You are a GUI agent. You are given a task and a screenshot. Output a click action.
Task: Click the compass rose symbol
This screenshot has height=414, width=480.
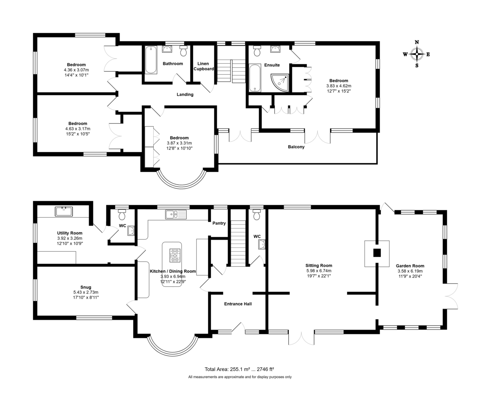417,54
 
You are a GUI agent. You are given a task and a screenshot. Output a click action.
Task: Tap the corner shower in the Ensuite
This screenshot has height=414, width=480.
280,83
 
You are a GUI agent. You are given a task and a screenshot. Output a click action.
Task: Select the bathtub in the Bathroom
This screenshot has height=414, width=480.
151,60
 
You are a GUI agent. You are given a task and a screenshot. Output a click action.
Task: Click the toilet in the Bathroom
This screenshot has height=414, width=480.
184,51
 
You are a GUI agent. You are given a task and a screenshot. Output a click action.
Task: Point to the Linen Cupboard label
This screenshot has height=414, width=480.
204,66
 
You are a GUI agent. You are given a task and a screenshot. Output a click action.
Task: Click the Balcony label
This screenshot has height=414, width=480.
296,147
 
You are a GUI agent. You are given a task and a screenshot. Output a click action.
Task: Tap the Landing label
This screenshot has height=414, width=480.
185,94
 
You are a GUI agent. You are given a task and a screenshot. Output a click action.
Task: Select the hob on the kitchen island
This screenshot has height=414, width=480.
175,256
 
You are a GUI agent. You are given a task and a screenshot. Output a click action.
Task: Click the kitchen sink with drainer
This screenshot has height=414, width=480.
176,214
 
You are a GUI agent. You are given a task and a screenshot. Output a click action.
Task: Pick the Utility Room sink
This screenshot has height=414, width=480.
64,212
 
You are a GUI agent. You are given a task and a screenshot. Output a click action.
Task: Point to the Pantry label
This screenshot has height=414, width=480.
219,223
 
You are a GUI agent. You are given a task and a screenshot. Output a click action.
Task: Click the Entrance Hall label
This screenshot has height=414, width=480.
238,304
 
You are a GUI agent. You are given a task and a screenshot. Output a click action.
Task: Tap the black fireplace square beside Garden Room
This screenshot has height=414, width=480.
377,253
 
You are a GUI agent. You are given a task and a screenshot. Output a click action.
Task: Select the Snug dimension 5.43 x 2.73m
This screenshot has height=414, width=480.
86,292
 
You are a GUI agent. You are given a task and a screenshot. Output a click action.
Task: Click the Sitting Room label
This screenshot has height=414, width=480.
319,265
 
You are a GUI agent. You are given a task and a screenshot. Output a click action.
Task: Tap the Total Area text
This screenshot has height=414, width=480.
239,369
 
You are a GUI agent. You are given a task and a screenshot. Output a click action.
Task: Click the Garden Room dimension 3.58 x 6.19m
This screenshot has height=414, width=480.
410,271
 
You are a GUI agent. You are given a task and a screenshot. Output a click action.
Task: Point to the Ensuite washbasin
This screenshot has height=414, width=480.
275,49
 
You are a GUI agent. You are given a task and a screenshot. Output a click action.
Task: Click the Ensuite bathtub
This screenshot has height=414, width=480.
255,78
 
